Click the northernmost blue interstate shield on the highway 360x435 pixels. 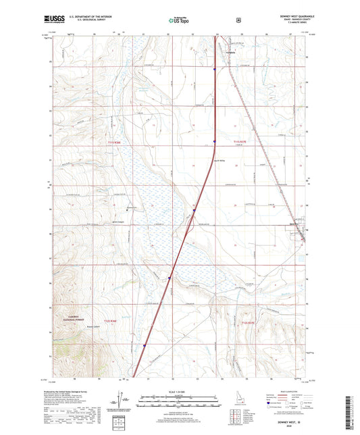[214, 69]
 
